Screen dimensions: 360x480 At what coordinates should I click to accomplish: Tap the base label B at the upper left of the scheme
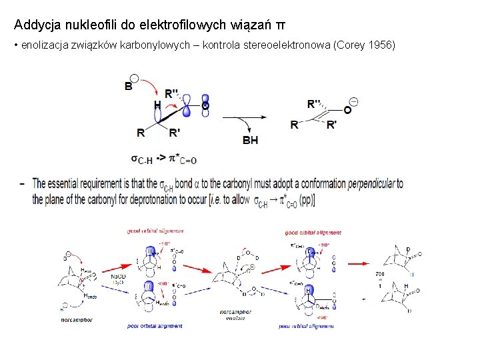pos(129,86)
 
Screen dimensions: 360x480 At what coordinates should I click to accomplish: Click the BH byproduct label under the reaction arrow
pos(250,140)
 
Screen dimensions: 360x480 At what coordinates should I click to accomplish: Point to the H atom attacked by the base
pos(157,105)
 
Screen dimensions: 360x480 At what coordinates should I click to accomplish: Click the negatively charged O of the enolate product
pos(347,109)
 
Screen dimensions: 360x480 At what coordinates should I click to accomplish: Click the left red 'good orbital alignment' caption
pos(155,231)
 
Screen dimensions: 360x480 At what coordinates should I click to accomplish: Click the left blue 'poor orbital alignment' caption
pos(155,326)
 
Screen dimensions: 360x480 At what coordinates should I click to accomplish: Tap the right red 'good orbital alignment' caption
pos(313,233)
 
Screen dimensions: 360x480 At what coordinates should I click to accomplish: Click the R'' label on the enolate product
pos(314,103)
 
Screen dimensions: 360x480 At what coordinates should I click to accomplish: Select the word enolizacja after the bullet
pos(44,45)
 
